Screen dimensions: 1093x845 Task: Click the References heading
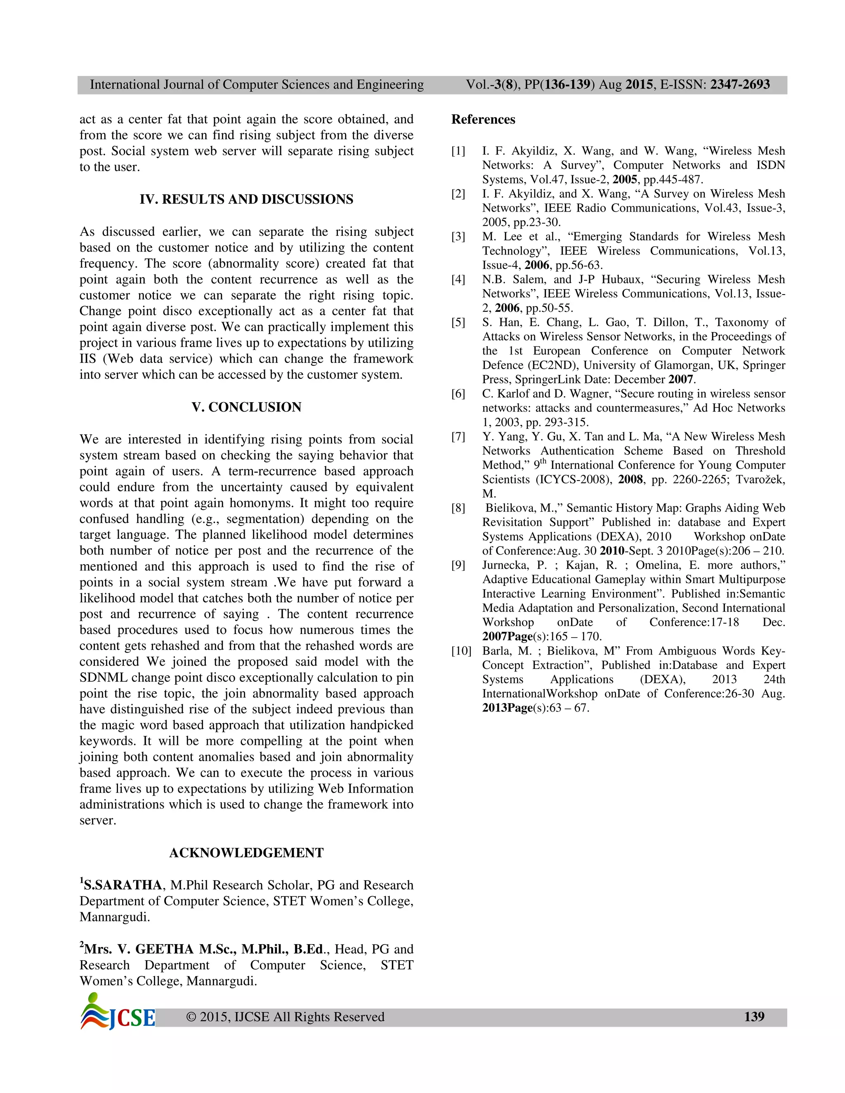[x=483, y=120]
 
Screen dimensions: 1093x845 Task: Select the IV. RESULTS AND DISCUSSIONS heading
[x=246, y=199]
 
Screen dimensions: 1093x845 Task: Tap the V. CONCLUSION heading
[x=246, y=407]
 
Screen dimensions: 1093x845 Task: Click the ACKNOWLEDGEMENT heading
[x=246, y=853]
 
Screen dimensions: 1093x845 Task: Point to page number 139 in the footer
[x=754, y=1016]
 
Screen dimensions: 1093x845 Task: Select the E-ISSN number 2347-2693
[x=740, y=85]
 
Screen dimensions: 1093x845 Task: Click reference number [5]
[x=458, y=322]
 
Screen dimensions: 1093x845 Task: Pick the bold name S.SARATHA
[x=123, y=885]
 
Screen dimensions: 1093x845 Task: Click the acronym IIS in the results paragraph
[x=87, y=359]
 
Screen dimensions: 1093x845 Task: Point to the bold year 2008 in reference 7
[x=630, y=479]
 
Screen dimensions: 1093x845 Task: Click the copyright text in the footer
[x=285, y=1017]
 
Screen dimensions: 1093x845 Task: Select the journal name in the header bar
[x=256, y=85]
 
